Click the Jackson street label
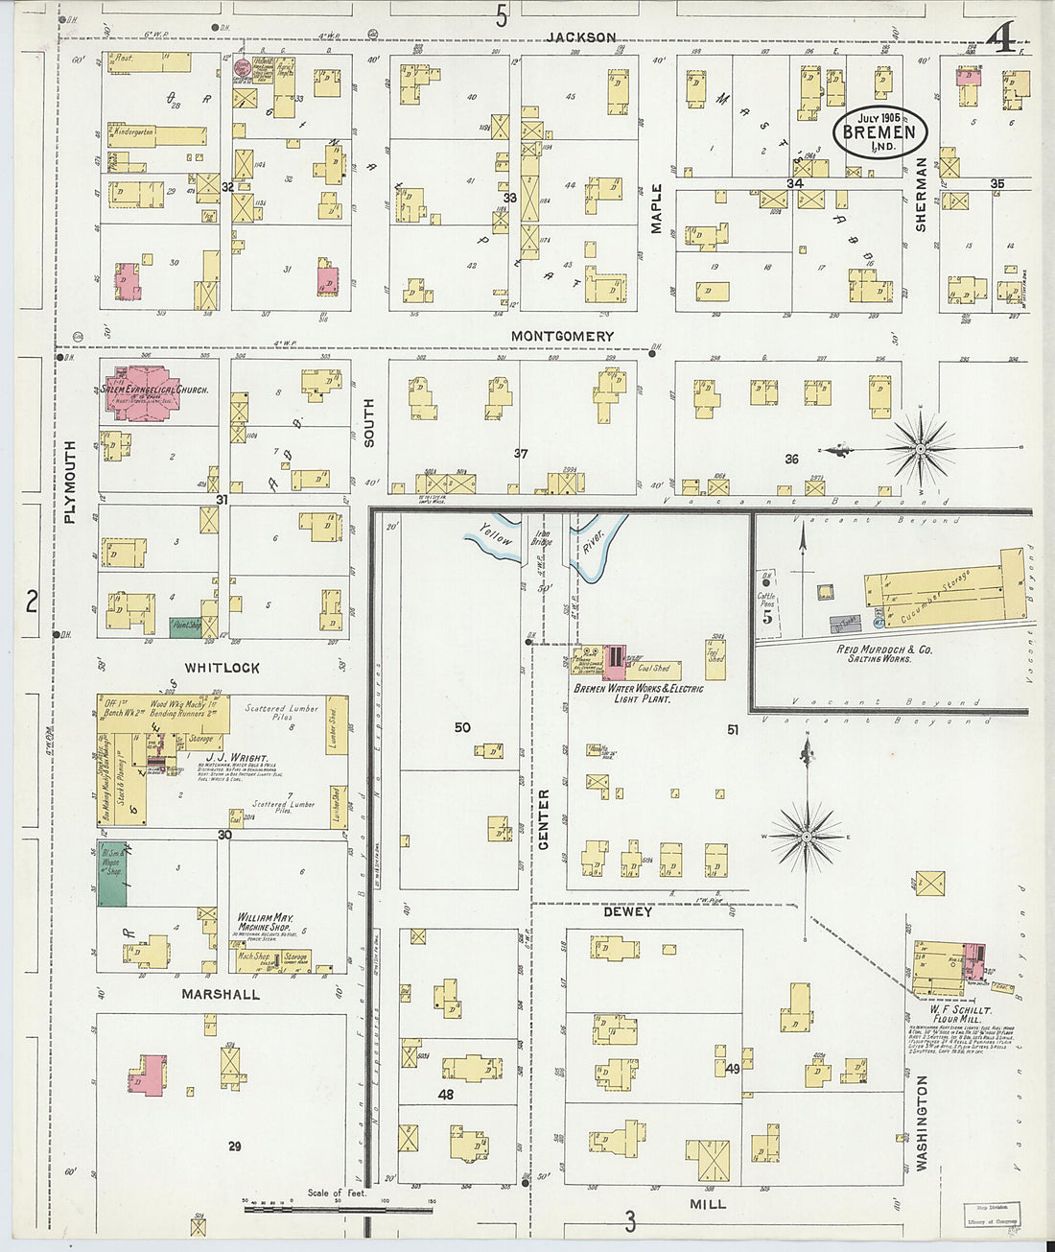[580, 37]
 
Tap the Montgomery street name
[562, 336]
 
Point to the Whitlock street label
[222, 668]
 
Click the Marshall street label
[221, 995]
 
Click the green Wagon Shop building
[112, 874]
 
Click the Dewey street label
[627, 911]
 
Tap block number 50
[462, 728]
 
